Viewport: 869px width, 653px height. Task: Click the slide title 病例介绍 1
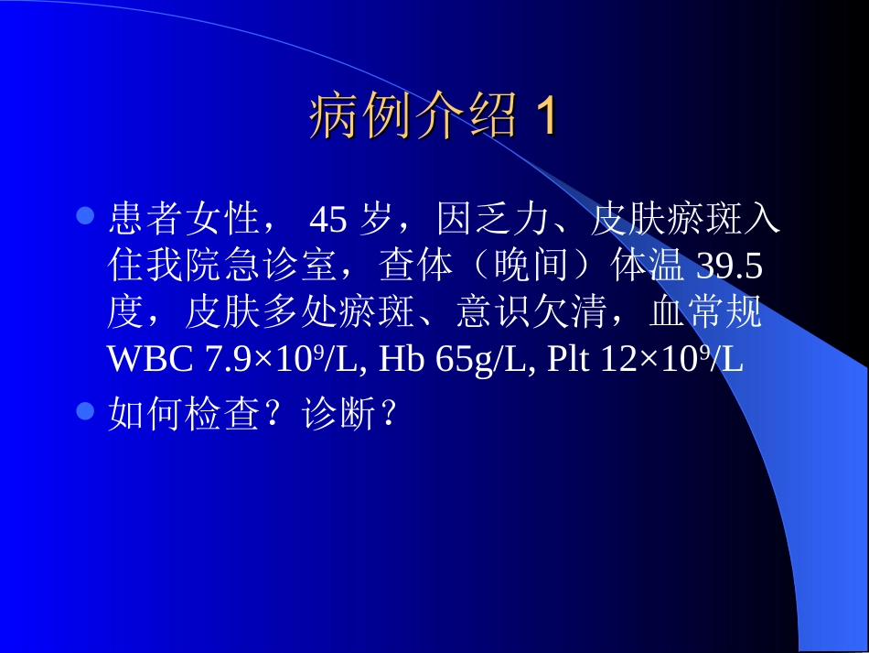click(x=433, y=118)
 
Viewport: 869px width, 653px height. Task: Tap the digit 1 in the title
click(x=545, y=118)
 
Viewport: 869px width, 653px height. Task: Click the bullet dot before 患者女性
click(x=86, y=217)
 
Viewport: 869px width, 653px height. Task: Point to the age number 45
click(x=328, y=221)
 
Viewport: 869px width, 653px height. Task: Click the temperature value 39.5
click(x=730, y=267)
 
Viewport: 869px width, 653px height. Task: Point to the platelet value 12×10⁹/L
click(x=671, y=360)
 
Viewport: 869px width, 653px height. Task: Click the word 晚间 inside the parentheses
click(x=531, y=267)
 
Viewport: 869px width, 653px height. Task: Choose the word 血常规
click(x=705, y=314)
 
